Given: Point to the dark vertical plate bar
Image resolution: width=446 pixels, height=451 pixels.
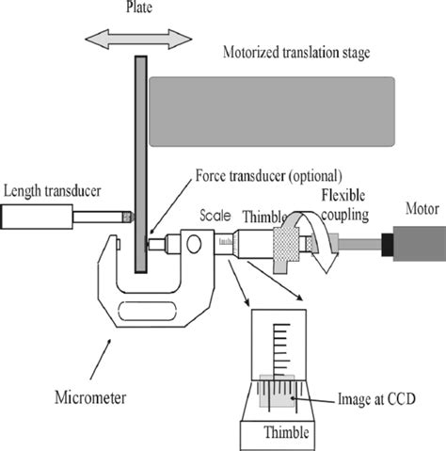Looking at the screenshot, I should tap(140, 160).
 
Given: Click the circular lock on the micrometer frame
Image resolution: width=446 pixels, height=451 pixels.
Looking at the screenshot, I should tap(195, 244).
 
